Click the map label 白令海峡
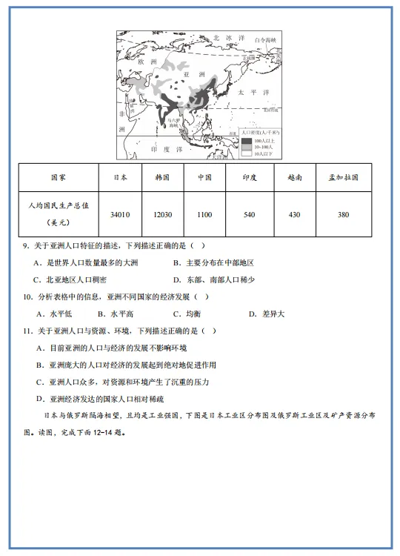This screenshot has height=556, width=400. (x=264, y=39)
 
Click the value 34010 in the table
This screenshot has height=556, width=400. (x=120, y=214)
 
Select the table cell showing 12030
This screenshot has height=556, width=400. (x=163, y=214)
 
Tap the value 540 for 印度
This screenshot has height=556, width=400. (x=249, y=214)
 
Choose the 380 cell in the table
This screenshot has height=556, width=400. (x=343, y=214)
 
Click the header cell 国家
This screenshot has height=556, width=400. (x=59, y=178)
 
